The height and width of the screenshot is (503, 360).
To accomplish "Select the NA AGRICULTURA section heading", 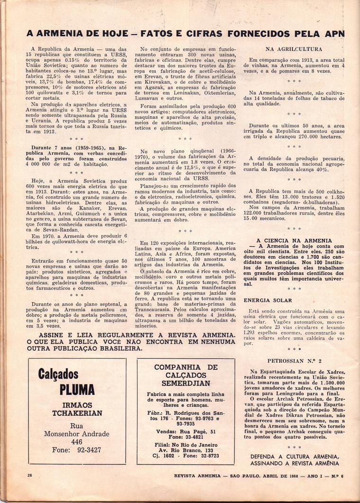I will coord(294,49).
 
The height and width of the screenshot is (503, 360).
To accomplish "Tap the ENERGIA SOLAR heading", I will coord(268,300).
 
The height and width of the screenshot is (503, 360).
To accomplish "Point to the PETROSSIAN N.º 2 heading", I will coord(294,360).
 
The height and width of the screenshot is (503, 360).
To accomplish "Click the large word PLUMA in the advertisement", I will coord(77,390).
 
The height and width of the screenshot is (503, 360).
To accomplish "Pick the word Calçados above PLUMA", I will coord(58,375).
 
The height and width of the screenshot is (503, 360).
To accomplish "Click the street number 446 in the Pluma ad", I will coord(77,441).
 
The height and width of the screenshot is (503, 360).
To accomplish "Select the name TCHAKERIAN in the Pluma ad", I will coord(77,413).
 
